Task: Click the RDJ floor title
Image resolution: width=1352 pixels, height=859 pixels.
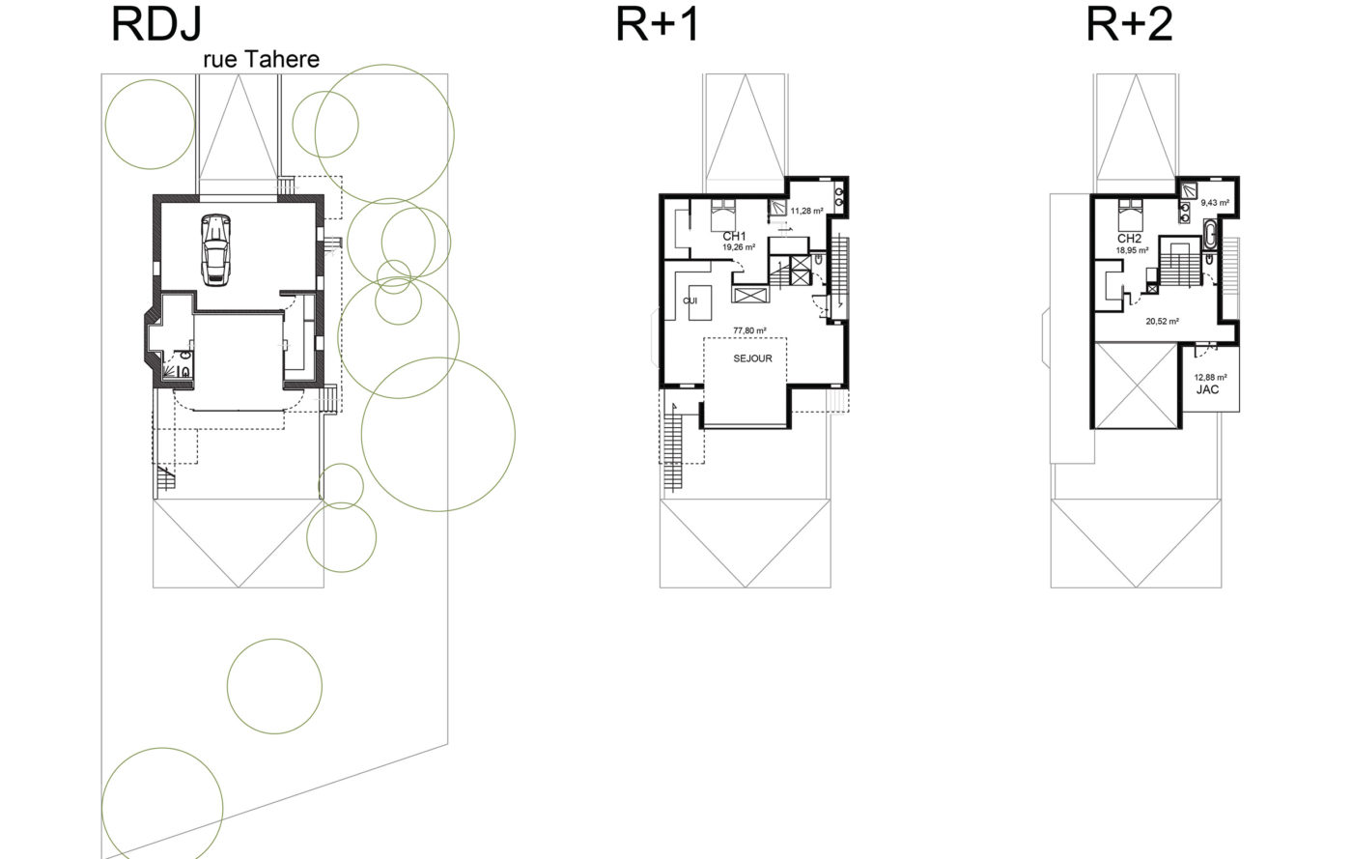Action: (x=156, y=24)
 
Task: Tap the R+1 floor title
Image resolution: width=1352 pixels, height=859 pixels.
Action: (x=658, y=24)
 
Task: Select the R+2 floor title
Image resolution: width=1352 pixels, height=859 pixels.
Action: (x=1129, y=24)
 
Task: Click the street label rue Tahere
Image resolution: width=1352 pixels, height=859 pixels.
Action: (x=262, y=59)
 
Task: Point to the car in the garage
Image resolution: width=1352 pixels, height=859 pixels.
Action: (x=215, y=249)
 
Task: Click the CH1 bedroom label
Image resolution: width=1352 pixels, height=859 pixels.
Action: (x=735, y=236)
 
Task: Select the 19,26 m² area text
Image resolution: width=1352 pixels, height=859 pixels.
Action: (x=739, y=247)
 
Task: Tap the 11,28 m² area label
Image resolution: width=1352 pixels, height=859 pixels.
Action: (x=807, y=211)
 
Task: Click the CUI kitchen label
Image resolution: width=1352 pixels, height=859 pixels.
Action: (x=690, y=301)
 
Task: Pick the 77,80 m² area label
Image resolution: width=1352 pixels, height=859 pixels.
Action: (x=749, y=330)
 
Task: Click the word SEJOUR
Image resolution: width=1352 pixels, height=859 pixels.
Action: (x=752, y=358)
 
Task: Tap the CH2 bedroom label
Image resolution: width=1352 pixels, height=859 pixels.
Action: (x=1129, y=239)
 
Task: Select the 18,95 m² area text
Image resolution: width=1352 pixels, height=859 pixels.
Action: (x=1132, y=250)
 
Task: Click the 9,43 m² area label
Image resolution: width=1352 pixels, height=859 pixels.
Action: (x=1215, y=202)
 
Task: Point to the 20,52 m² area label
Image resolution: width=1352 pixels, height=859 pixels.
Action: (x=1163, y=322)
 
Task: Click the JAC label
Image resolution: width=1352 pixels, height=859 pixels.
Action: (x=1208, y=389)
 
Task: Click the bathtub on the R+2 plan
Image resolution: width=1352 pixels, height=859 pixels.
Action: (x=1209, y=235)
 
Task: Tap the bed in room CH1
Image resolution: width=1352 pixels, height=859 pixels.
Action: (x=722, y=213)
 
